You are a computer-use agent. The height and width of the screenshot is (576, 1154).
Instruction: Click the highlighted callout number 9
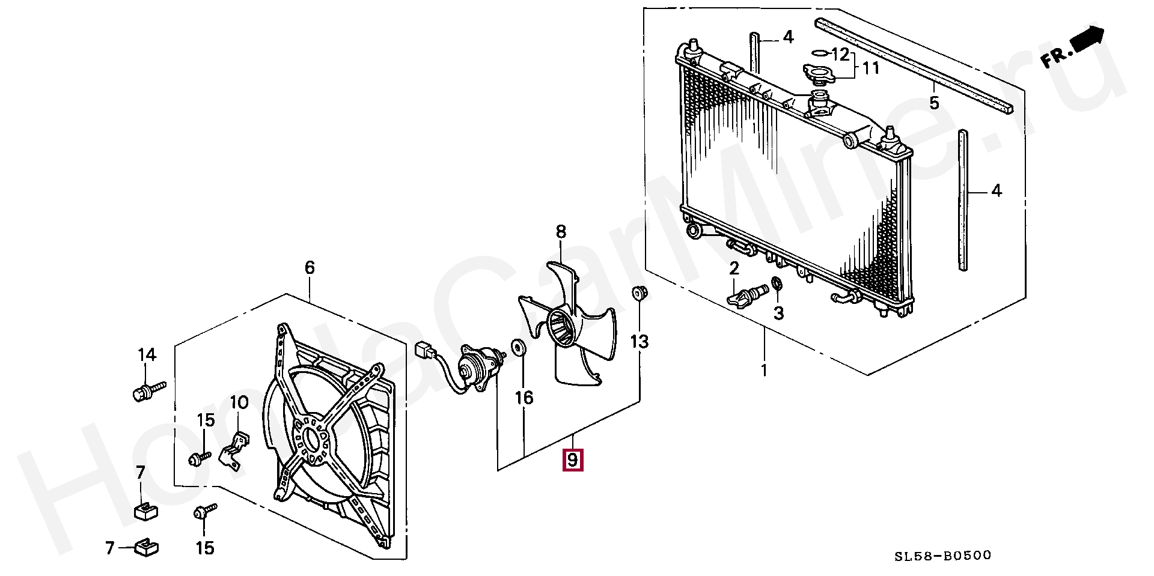[572, 461]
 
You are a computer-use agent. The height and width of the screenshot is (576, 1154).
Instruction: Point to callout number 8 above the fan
[561, 231]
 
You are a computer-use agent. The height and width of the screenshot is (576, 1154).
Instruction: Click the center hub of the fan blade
[563, 329]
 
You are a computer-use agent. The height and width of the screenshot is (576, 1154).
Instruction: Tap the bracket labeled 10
[236, 451]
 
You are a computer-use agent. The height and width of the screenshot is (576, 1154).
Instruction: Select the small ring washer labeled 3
[777, 283]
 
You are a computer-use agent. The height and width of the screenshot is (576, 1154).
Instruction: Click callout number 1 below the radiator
[765, 370]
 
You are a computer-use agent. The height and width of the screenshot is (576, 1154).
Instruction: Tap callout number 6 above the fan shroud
[310, 267]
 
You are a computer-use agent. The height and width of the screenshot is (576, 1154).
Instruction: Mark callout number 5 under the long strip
[933, 103]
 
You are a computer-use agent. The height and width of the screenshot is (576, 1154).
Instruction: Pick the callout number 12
[841, 55]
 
